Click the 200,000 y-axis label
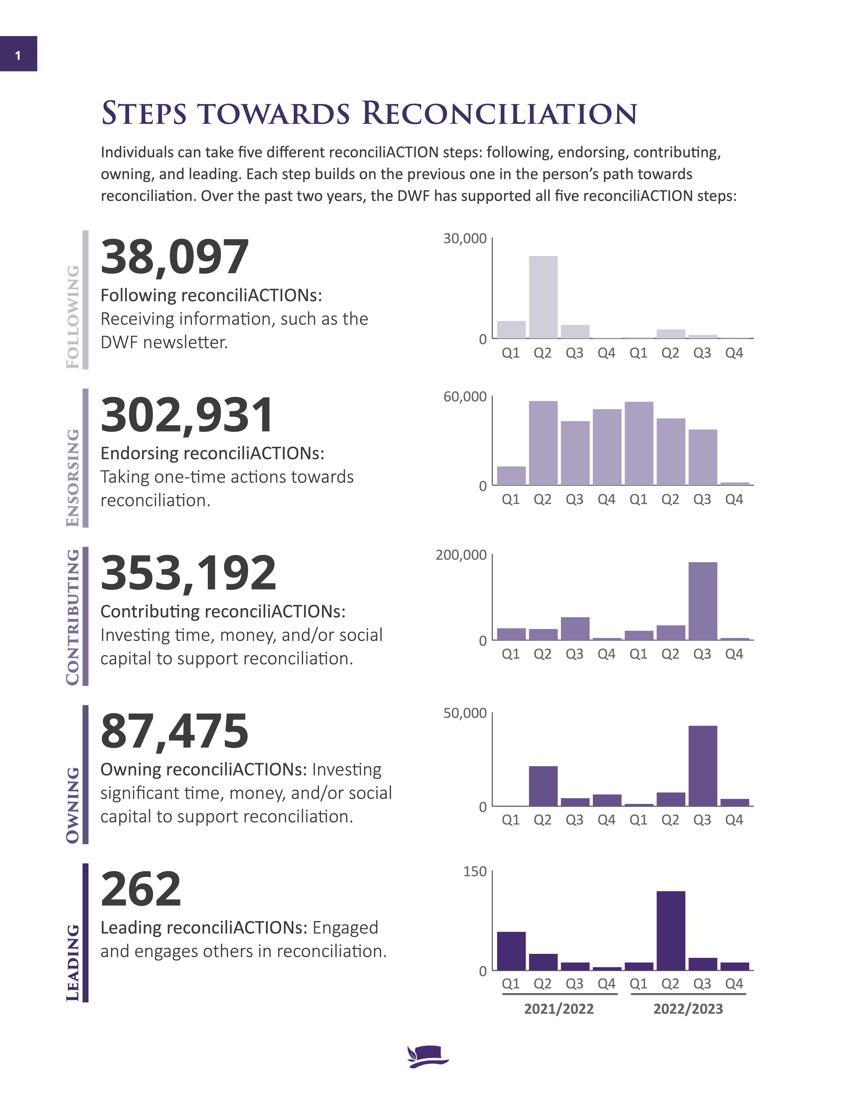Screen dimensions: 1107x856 click(x=461, y=555)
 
